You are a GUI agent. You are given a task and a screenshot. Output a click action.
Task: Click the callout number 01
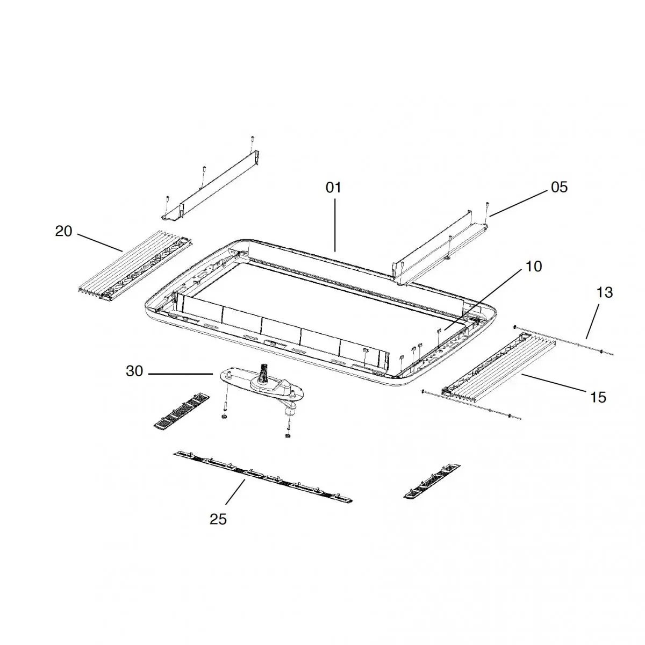(333, 188)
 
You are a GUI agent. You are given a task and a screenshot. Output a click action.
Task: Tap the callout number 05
(560, 187)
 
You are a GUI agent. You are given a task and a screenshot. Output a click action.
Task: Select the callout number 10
(534, 267)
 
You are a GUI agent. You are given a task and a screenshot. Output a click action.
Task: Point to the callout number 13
(605, 292)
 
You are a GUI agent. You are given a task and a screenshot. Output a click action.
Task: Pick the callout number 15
(598, 397)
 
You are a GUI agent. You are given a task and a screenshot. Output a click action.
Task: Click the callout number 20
(63, 231)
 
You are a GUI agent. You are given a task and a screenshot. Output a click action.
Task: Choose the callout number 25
(218, 519)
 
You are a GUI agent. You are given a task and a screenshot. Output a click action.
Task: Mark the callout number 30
(134, 371)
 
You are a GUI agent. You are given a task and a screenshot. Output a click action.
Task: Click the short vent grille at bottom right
(432, 482)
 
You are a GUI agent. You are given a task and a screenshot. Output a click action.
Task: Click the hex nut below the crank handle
(286, 436)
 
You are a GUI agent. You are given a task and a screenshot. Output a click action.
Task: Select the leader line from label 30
(181, 374)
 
